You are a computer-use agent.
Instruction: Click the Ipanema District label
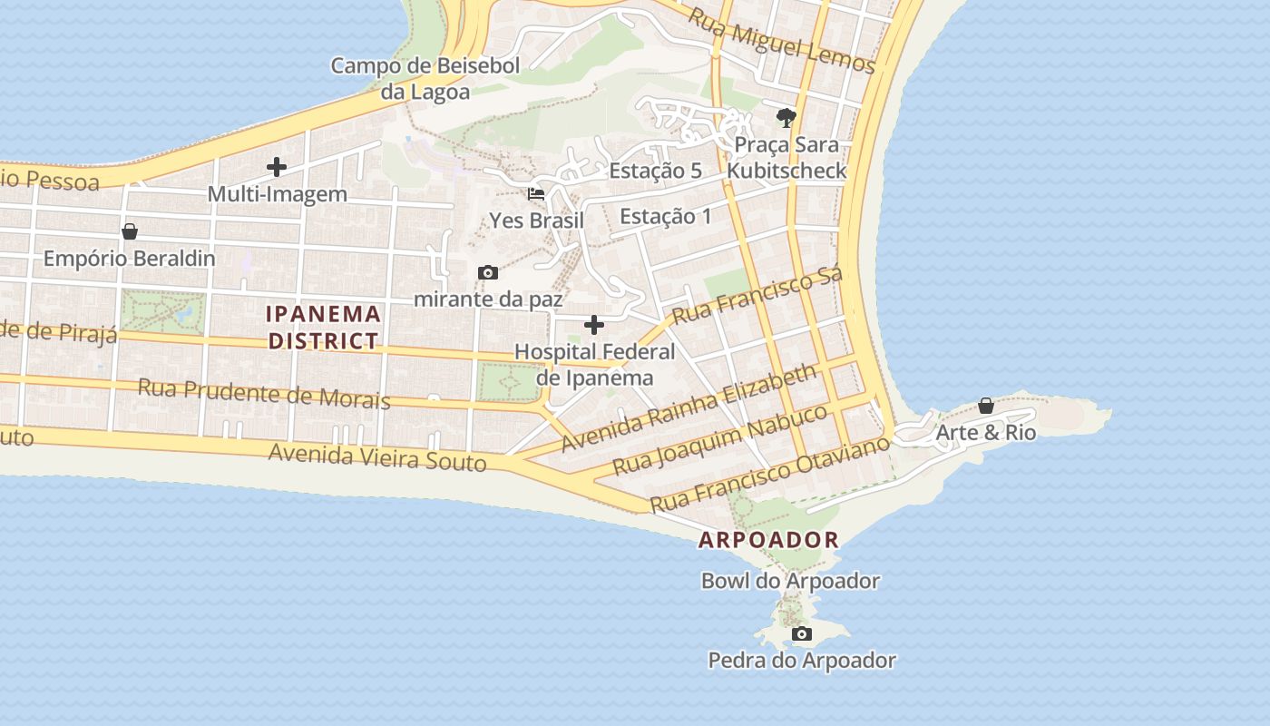pyautogui.click(x=323, y=328)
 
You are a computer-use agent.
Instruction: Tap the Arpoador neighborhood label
pyautogui.click(x=768, y=540)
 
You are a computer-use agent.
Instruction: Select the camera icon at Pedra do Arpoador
pyautogui.click(x=801, y=633)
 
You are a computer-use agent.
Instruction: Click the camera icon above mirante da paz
pyautogui.click(x=488, y=272)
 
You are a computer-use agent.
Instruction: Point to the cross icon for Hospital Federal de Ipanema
pyautogui.click(x=594, y=325)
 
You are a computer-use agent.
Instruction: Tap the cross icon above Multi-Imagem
pyautogui.click(x=277, y=167)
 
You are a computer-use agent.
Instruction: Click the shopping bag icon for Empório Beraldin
pyautogui.click(x=130, y=231)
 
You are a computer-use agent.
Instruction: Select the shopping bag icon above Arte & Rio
pyautogui.click(x=986, y=406)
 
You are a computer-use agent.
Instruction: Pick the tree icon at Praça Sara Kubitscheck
pyautogui.click(x=786, y=117)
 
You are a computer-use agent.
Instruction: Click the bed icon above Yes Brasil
pyautogui.click(x=536, y=193)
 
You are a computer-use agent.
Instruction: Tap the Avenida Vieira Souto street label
pyautogui.click(x=377, y=456)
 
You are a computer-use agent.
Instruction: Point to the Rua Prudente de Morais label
pyautogui.click(x=264, y=394)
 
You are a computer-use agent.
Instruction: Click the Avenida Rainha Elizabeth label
pyautogui.click(x=689, y=408)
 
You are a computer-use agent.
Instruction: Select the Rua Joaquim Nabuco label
pyautogui.click(x=720, y=440)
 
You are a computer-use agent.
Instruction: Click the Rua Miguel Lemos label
pyautogui.click(x=781, y=41)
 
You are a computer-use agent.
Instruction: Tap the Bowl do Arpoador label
pyautogui.click(x=790, y=581)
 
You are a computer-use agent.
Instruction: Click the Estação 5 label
pyautogui.click(x=655, y=171)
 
